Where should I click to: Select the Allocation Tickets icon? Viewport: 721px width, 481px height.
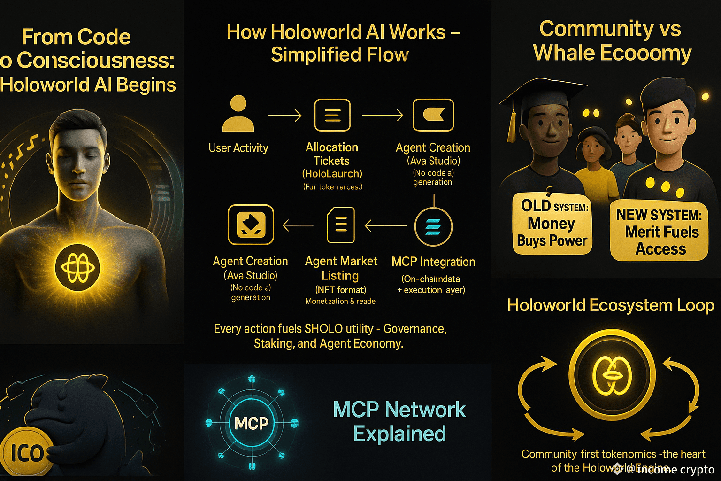[332, 115]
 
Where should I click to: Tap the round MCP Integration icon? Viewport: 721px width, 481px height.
[433, 227]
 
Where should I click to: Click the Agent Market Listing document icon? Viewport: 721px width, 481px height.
[341, 225]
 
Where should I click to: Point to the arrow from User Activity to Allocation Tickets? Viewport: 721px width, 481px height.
[284, 115]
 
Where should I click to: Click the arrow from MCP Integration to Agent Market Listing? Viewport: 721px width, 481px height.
[385, 226]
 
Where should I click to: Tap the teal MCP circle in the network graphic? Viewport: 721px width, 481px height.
[252, 423]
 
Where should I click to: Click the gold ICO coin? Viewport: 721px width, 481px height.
[26, 453]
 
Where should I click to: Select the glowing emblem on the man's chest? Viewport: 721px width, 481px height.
[77, 267]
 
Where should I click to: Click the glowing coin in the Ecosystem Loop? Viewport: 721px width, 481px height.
[612, 375]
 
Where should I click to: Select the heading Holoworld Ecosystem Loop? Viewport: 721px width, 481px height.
[611, 305]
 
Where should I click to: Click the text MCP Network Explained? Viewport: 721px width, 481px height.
[399, 421]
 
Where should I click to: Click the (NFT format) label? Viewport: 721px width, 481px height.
[340, 290]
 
